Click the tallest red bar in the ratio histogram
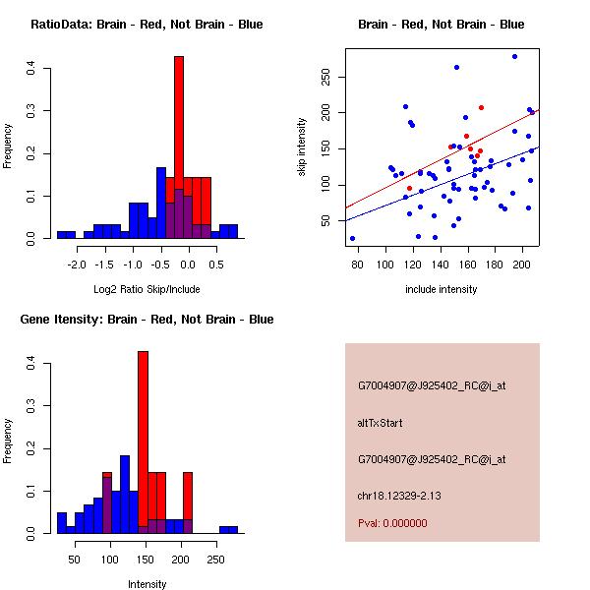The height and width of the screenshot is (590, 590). [179, 147]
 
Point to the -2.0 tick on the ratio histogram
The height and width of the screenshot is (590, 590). [75, 265]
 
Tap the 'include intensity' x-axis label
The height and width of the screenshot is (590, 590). [442, 289]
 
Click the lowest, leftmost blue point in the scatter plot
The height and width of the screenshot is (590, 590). [352, 238]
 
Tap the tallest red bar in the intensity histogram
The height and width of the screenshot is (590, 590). [143, 442]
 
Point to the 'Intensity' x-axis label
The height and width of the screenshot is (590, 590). [147, 584]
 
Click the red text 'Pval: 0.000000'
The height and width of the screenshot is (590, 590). [392, 524]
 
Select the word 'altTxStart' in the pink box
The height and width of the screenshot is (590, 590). [380, 423]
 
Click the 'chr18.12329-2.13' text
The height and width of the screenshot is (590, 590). [398, 495]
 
